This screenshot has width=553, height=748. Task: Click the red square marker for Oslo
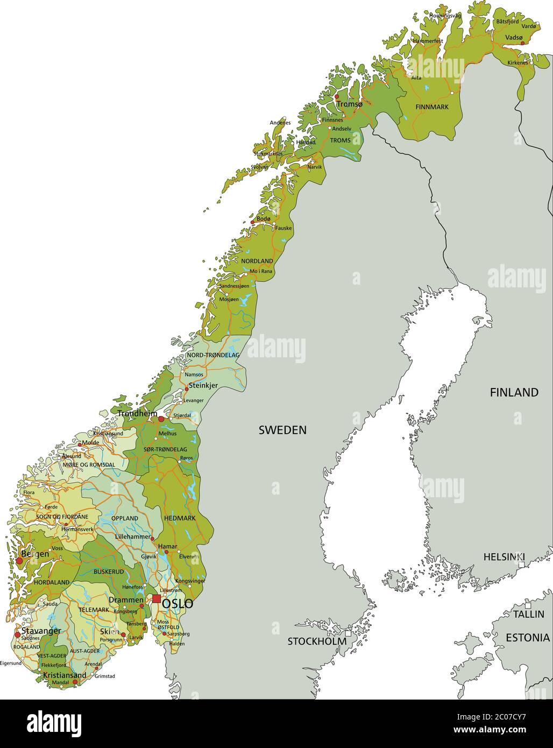(x=157, y=599)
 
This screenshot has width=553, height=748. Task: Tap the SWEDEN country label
(x=282, y=430)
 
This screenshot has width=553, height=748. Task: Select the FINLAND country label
(x=514, y=393)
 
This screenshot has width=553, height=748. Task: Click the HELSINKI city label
(x=504, y=556)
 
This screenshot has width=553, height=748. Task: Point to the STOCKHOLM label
(x=316, y=641)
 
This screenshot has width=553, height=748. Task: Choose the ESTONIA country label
(x=527, y=638)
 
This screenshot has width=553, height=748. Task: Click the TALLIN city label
(x=528, y=614)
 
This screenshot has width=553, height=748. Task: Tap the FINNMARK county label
(x=432, y=107)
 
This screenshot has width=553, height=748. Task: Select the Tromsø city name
(x=350, y=104)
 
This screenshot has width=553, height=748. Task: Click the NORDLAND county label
(x=257, y=261)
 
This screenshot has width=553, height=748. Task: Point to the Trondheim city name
(x=137, y=414)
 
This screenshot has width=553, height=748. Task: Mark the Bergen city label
(x=34, y=554)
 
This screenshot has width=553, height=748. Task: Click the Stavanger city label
(x=41, y=631)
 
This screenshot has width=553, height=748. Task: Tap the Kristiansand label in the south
(x=65, y=675)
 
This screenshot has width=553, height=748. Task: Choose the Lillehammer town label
(x=133, y=537)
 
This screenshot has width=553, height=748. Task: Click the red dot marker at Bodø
(x=252, y=222)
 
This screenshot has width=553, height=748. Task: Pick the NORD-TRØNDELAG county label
(x=213, y=356)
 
